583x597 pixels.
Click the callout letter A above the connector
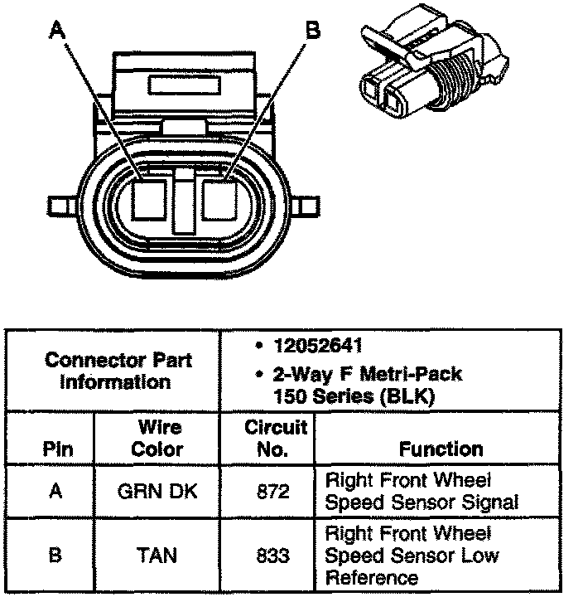(56, 31)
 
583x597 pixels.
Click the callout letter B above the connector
(312, 31)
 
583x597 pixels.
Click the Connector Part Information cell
(117, 371)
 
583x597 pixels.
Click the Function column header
(441, 449)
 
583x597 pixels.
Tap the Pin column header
(56, 449)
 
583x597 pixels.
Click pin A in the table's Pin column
(56, 491)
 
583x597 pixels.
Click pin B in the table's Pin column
(56, 554)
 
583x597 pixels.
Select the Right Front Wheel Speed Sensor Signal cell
(422, 491)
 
